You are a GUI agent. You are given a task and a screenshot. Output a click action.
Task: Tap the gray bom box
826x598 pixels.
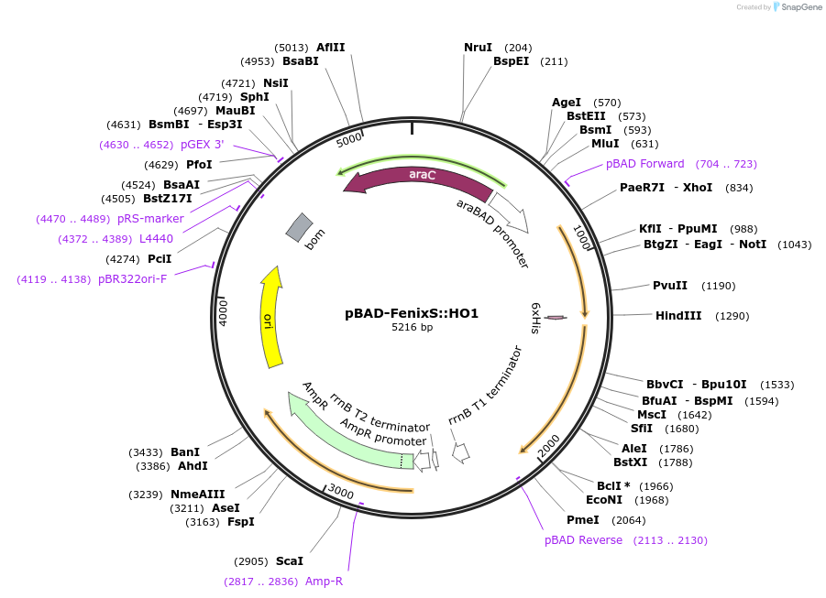[x=299, y=227]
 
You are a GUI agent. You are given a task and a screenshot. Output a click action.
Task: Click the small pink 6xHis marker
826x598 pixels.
[x=556, y=318]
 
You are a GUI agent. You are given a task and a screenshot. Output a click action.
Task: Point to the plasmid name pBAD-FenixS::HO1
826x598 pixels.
[x=412, y=313]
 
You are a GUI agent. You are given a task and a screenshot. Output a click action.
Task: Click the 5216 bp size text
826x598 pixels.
[x=412, y=327]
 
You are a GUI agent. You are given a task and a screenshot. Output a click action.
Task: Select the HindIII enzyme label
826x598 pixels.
[x=678, y=315]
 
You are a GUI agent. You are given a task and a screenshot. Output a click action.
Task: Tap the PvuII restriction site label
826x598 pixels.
[x=670, y=286]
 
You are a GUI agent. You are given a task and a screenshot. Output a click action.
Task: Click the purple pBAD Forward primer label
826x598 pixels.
[x=644, y=164]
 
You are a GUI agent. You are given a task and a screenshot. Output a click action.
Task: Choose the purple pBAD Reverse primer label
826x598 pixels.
[x=583, y=540]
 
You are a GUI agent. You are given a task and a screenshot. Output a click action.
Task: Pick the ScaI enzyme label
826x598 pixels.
[x=289, y=561]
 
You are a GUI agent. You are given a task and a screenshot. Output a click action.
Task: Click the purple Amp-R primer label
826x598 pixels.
[x=324, y=582]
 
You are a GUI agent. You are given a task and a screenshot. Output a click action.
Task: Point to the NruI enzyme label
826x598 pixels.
[x=478, y=48]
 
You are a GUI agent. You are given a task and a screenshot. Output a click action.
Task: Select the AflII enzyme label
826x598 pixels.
[x=330, y=48]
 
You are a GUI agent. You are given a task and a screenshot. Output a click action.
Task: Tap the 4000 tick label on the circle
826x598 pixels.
[x=224, y=312]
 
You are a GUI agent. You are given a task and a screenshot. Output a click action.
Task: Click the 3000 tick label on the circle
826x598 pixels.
[x=340, y=492]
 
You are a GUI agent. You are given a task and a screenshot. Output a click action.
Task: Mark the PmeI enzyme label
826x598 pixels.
[x=583, y=520]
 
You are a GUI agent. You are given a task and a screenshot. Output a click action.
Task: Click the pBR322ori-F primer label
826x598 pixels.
[x=132, y=279]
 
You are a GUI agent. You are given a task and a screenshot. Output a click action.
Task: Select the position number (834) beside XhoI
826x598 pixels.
[x=739, y=188]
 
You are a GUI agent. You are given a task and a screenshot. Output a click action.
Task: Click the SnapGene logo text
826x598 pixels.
[x=800, y=6]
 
